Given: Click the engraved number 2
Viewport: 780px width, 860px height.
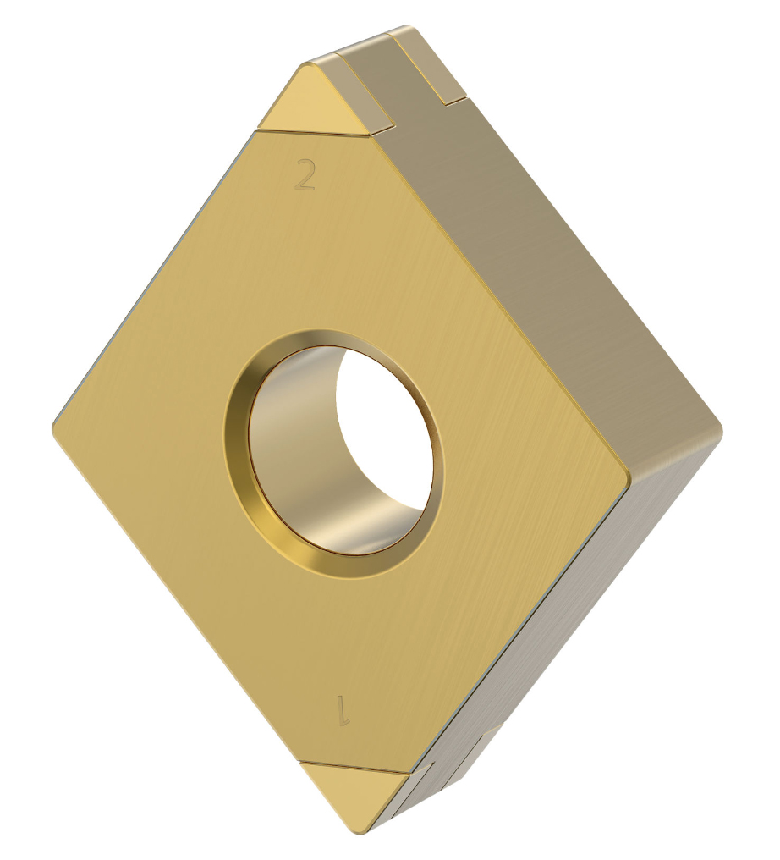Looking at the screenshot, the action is (305, 174).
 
